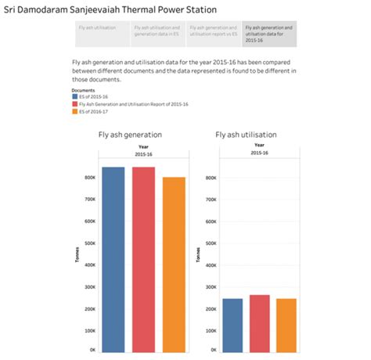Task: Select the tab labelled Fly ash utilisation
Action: coord(98,27)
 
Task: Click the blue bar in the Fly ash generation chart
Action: coord(113,258)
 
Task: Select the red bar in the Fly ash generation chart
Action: coord(143,258)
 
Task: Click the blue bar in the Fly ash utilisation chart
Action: coord(232,324)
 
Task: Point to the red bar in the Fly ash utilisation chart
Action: coord(259,322)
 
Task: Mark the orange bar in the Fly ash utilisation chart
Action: coord(286,324)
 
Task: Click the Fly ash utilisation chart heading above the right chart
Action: coord(246,135)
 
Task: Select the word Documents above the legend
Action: coord(72,89)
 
